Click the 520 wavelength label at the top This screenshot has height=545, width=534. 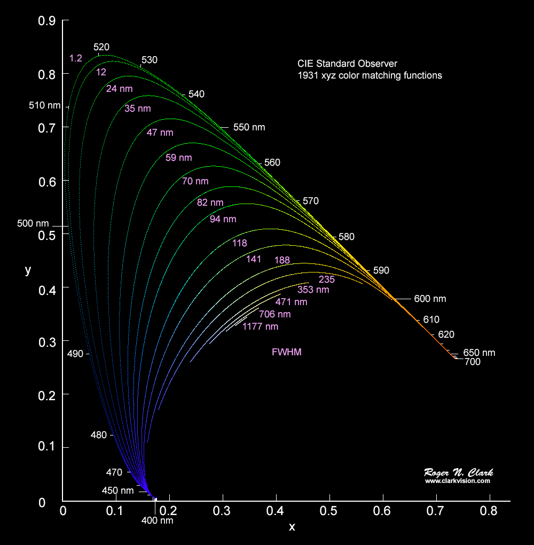tap(101, 47)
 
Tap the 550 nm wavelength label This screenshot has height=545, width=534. tap(249, 128)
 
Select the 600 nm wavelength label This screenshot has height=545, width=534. tap(430, 299)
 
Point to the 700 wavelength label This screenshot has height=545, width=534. tap(473, 362)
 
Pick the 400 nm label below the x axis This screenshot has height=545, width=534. tap(158, 520)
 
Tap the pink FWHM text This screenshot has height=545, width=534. tap(287, 352)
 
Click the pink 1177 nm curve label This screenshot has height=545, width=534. tap(260, 326)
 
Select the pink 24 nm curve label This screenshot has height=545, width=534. tap(119, 89)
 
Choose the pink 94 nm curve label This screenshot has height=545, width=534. tap(223, 219)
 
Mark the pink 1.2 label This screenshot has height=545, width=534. tap(75, 58)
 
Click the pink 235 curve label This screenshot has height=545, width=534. tap(326, 279)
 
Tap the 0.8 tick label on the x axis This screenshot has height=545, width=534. tap(489, 511)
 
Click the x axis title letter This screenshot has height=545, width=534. tap(292, 527)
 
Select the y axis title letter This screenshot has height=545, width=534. tap(28, 270)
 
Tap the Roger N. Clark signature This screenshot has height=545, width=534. tap(458, 472)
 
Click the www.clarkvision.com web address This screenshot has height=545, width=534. tap(458, 481)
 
